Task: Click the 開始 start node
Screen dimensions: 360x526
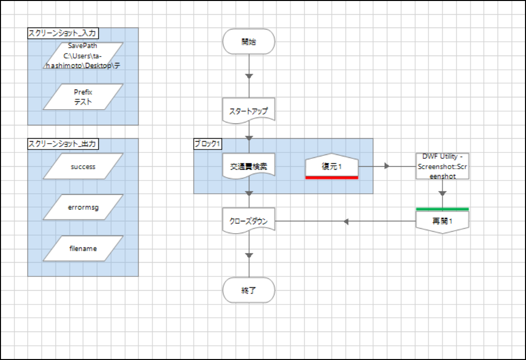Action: [248, 41]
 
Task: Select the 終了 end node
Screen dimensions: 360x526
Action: [248, 290]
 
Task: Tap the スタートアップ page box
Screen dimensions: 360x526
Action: [248, 111]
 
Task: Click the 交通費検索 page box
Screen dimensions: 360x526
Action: [248, 167]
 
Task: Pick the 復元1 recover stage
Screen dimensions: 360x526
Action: [332, 167]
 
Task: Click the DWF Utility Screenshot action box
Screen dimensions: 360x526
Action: [442, 166]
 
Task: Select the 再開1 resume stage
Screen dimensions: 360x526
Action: [442, 221]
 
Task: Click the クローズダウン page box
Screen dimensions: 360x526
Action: [248, 221]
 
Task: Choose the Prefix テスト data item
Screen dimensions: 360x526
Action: [83, 97]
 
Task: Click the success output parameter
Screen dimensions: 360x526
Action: [83, 167]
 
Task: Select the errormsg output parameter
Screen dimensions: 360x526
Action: [83, 208]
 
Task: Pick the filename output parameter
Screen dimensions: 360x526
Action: [83, 248]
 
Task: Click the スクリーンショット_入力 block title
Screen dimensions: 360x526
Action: [62, 33]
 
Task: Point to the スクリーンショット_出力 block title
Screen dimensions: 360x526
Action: [62, 144]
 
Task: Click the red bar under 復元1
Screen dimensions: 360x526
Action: [332, 178]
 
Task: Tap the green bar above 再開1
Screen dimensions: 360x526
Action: [442, 210]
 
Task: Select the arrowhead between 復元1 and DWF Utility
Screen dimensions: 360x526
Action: [387, 166]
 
